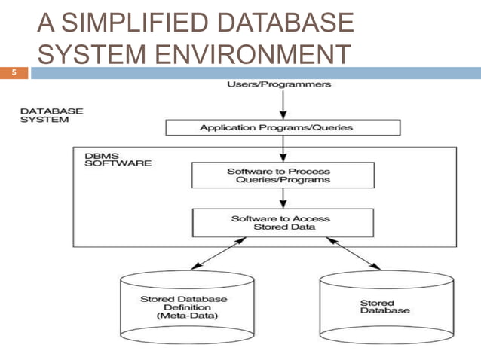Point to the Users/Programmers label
279,84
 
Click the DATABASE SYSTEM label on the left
51,114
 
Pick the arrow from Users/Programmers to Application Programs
280,105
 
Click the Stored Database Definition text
174,304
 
